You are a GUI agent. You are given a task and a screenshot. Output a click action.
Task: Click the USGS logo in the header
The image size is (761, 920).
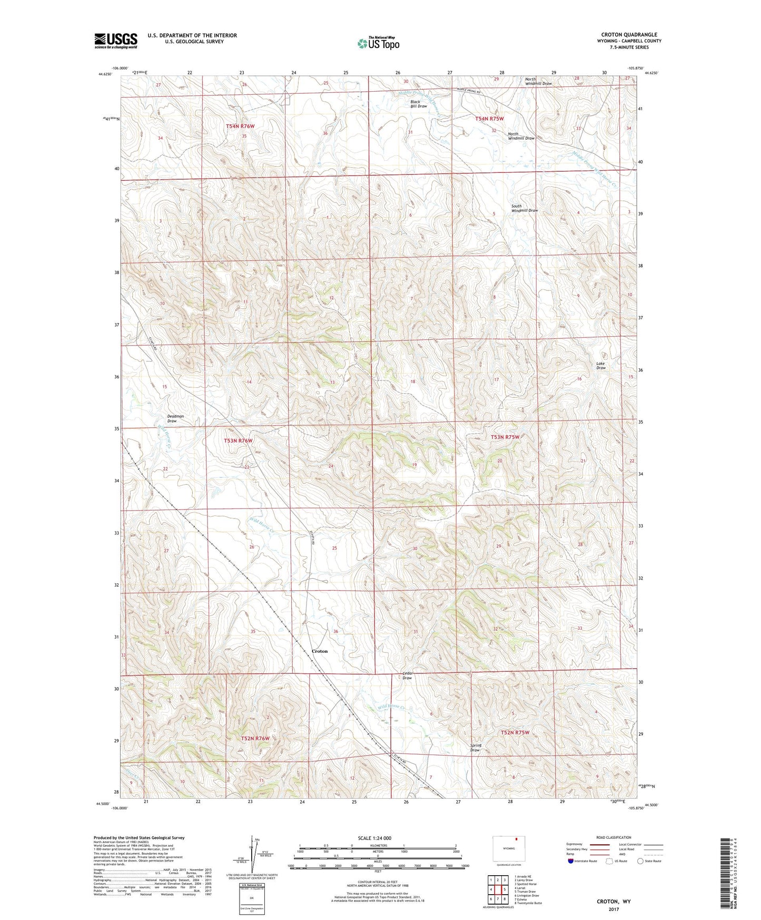(116, 41)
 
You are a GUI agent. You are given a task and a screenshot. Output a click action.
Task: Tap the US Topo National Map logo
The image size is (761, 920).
(378, 43)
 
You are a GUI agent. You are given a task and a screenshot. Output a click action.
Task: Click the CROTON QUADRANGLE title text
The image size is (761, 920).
(629, 35)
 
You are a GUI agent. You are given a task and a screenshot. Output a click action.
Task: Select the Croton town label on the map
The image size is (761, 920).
(319, 651)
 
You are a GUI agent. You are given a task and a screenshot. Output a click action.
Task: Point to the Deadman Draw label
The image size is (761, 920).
(175, 419)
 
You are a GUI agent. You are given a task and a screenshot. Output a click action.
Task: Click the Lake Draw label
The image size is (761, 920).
(600, 366)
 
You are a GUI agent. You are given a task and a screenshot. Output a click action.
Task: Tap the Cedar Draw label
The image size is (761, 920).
(407, 676)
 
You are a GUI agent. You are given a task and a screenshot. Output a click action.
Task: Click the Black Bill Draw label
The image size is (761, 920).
(418, 104)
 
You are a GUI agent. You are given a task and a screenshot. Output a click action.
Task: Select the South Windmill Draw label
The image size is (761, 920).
(524, 209)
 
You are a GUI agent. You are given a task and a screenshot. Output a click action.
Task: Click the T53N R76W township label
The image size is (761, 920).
(238, 441)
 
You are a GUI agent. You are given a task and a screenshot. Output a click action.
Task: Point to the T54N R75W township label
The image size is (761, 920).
(489, 119)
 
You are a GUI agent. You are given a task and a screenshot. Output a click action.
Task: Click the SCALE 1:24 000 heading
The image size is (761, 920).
(374, 838)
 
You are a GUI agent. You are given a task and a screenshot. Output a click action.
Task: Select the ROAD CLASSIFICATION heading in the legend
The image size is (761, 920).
(613, 837)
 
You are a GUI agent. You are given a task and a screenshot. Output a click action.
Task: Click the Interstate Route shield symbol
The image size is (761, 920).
(570, 861)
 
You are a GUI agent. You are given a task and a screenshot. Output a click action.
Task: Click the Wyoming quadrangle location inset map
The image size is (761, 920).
(508, 849)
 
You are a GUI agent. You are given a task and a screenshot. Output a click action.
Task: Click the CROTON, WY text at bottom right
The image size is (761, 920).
(613, 902)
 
